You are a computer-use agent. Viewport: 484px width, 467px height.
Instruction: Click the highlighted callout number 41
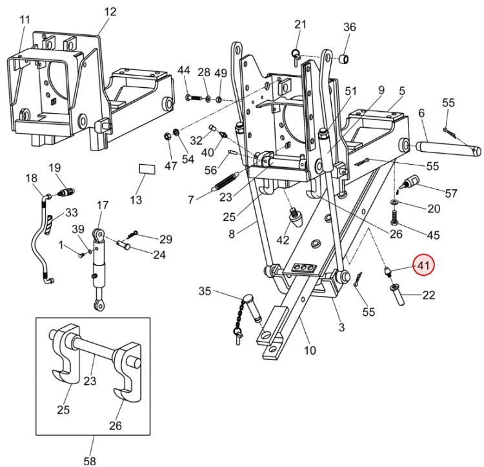point(423,265)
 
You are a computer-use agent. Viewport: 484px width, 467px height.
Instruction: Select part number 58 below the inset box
point(90,460)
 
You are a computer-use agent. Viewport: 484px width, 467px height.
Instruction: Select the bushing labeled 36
point(345,61)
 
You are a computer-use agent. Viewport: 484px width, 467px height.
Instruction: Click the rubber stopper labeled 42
point(296,218)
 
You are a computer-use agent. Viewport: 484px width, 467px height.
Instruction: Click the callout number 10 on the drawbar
point(310,351)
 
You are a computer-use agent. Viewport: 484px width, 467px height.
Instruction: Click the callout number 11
point(25,20)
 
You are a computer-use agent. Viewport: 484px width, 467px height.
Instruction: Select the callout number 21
point(300,25)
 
